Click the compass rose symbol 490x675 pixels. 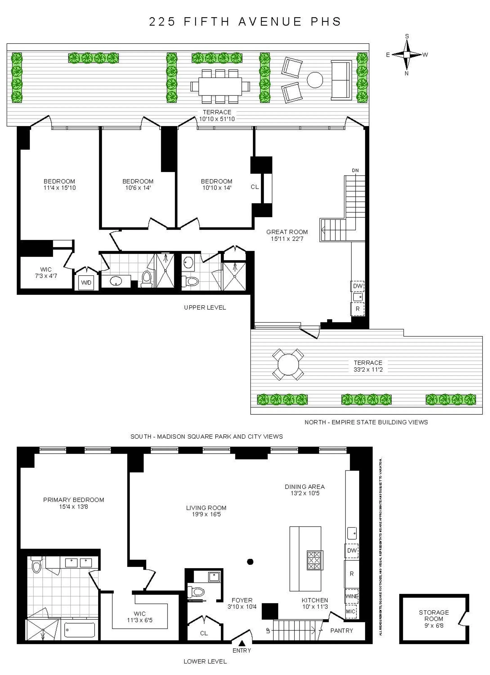click(407, 55)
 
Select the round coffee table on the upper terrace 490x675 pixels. click(315, 80)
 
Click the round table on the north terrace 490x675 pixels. click(288, 364)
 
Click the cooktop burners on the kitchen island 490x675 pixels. click(314, 560)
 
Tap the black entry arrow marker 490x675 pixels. click(242, 643)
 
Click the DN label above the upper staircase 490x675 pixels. click(355, 171)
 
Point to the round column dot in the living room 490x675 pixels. click(250, 562)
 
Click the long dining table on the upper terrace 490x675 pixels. click(220, 86)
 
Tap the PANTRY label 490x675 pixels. click(342, 631)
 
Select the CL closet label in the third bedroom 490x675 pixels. click(255, 187)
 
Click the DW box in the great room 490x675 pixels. click(358, 286)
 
